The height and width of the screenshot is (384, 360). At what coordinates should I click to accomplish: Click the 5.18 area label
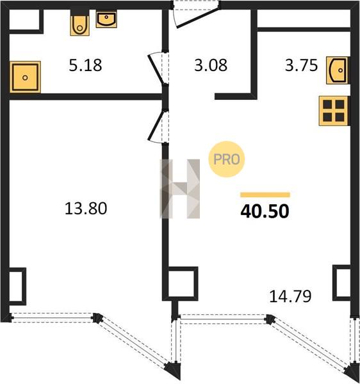(85, 65)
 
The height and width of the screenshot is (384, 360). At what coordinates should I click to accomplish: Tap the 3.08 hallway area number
(211, 65)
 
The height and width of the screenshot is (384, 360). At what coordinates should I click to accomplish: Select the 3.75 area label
(301, 65)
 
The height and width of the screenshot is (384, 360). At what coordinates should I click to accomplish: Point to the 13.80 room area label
(86, 209)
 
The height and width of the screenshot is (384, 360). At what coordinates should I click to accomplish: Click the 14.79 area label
(290, 296)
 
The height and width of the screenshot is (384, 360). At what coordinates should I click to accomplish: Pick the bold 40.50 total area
(265, 211)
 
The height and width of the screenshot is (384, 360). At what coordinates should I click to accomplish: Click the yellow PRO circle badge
(227, 159)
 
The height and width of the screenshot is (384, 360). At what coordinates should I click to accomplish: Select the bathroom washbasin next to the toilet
(106, 19)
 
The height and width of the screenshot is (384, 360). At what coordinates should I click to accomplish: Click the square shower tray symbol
(25, 77)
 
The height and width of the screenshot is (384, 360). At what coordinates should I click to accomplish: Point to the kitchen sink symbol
(338, 70)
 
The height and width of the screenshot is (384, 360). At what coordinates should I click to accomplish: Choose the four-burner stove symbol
(334, 111)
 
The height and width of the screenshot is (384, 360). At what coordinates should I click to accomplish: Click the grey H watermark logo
(180, 189)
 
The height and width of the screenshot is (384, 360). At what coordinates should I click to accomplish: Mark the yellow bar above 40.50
(265, 195)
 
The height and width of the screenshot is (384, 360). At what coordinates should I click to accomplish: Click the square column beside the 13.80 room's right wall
(181, 284)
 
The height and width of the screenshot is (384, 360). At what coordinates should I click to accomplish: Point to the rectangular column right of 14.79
(341, 283)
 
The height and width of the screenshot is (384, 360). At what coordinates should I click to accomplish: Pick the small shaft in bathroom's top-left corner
(24, 21)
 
